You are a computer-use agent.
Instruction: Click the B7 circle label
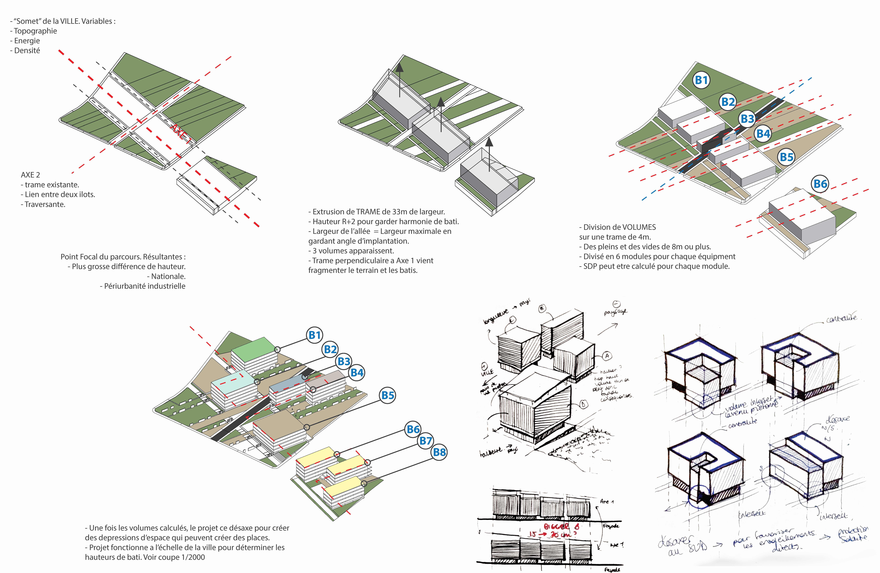[x=426, y=441]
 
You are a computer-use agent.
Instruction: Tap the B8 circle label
[x=439, y=452]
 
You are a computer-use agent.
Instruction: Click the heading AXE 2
[x=30, y=175]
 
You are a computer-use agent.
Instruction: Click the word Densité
[x=27, y=51]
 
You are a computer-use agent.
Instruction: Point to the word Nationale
[x=168, y=276]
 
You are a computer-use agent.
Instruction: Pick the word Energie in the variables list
[x=27, y=41]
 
